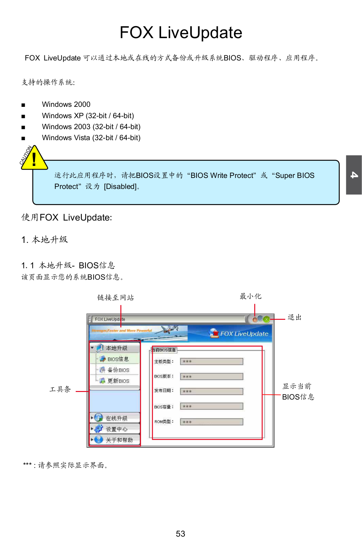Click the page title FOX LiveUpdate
[181, 33]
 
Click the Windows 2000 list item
[66, 104]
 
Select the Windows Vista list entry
[91, 138]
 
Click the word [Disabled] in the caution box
[120, 187]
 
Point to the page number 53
[180, 534]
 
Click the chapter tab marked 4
[354, 175]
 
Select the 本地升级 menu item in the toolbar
[116, 348]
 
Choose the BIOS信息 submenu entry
[118, 359]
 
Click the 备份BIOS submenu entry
[118, 370]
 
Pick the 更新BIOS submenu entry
[118, 381]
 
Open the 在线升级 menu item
[116, 418]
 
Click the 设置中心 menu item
[116, 429]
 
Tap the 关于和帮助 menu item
[119, 440]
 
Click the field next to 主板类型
[212, 361]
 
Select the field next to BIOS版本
[212, 377]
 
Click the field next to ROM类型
[212, 422]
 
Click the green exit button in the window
[266, 319]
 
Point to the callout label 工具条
[60, 389]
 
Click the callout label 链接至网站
[115, 298]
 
